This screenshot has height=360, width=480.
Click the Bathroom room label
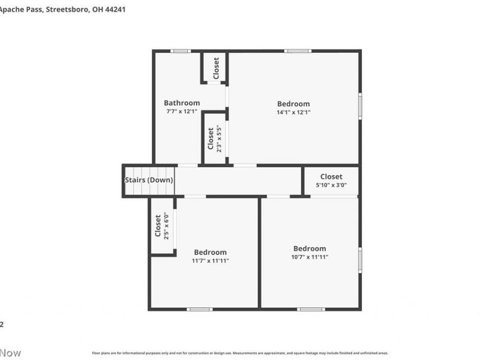tap(182, 103)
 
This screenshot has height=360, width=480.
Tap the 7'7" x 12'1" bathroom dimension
tap(182, 112)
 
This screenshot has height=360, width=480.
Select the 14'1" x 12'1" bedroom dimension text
tap(293, 112)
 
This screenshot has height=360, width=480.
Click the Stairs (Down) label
tap(149, 180)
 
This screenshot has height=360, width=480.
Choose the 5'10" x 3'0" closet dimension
tap(331, 185)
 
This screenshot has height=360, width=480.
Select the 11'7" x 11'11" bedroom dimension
tap(210, 261)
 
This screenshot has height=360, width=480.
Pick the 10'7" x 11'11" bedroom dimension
tap(310, 257)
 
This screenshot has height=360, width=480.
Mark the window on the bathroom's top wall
tap(180, 51)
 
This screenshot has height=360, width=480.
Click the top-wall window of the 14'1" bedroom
tap(297, 51)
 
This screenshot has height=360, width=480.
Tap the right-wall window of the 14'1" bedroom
tap(360, 105)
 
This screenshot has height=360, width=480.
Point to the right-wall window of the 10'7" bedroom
tap(360, 259)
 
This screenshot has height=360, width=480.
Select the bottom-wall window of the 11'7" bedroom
tap(200, 309)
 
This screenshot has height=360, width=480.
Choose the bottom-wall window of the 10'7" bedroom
tap(311, 309)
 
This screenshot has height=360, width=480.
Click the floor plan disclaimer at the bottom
tap(239, 353)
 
